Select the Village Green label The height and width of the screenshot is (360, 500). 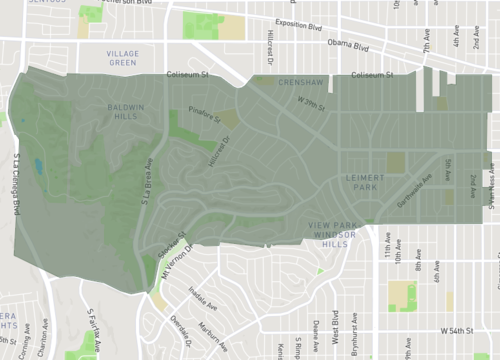[121, 57]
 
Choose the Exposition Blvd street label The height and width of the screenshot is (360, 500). [357, 19]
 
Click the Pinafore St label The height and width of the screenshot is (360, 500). [205, 116]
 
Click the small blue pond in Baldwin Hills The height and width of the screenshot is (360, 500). [38, 166]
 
